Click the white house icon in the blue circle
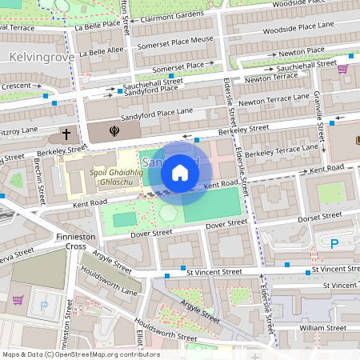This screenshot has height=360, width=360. click(180, 173)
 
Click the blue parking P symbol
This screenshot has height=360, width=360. click(334, 243)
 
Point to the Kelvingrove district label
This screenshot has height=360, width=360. click(41, 57)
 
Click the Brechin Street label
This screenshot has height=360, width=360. click(39, 184)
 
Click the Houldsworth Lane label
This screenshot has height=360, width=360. click(109, 281)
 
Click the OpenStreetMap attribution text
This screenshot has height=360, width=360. click(80, 354)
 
